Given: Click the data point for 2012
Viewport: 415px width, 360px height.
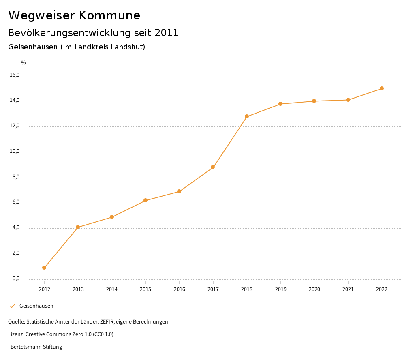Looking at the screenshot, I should [44, 268].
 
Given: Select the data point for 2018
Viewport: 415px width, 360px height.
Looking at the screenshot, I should [247, 116].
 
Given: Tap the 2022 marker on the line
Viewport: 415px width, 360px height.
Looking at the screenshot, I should [382, 88].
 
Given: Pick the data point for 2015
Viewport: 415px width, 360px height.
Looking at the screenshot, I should [145, 200].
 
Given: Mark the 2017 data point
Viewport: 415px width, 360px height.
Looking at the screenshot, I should [213, 167].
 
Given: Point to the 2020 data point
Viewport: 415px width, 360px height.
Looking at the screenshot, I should [314, 101].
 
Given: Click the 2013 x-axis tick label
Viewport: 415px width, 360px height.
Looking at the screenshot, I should [78, 289].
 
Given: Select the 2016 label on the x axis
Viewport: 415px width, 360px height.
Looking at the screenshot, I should [179, 289].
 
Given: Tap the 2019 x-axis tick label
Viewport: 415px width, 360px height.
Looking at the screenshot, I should [280, 289].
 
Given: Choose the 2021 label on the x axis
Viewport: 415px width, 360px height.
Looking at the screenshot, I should [348, 289].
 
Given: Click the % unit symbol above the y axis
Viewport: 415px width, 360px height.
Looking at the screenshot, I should [24, 62].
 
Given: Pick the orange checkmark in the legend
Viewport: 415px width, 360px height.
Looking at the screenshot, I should [12, 306].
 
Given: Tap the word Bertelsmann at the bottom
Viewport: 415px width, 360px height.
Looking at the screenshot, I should [26, 347].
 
